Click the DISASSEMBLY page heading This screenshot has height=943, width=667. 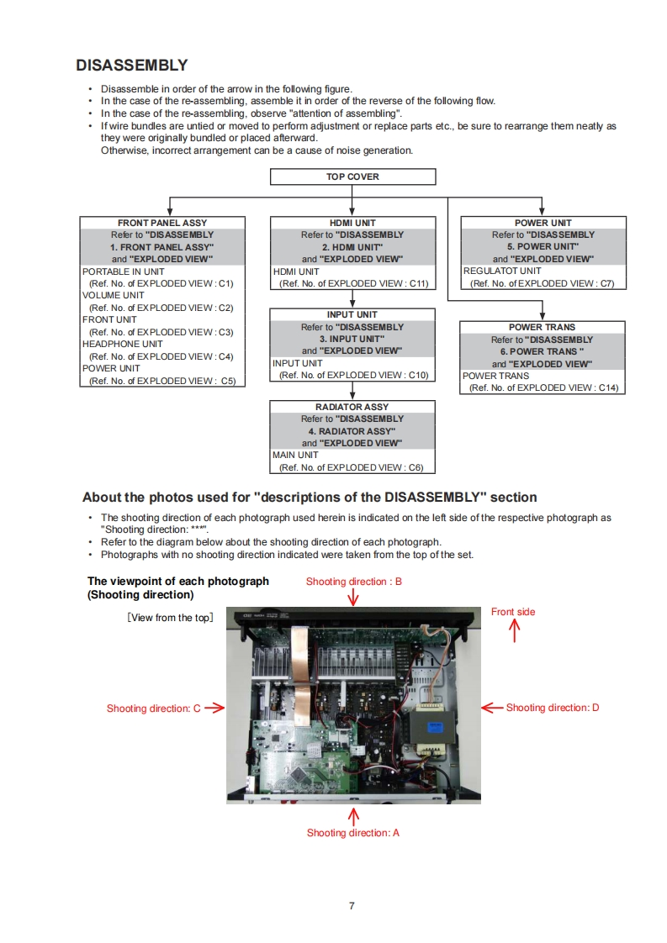click(x=131, y=65)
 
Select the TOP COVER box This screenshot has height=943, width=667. click(x=352, y=176)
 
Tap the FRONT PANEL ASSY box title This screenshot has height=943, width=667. click(x=162, y=223)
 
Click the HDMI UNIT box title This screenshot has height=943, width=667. click(x=352, y=223)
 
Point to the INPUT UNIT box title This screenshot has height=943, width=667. click(x=352, y=314)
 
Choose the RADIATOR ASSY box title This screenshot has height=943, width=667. click(x=352, y=407)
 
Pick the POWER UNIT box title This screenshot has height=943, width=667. click(x=543, y=223)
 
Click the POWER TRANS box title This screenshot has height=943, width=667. click(x=543, y=327)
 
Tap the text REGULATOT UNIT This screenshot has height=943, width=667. click(x=502, y=271)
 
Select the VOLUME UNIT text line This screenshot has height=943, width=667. click(x=114, y=296)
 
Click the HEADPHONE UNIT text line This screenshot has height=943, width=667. click(x=122, y=344)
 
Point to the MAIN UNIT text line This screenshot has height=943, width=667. click(x=295, y=456)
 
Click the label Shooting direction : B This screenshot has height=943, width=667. click(x=353, y=582)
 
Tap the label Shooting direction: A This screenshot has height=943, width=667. click(x=352, y=833)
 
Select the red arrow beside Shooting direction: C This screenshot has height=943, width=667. click(x=214, y=708)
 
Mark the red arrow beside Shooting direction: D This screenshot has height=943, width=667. click(x=491, y=708)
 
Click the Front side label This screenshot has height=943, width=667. click(x=513, y=612)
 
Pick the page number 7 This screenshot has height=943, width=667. click(x=352, y=905)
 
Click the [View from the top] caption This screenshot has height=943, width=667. click(x=170, y=618)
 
